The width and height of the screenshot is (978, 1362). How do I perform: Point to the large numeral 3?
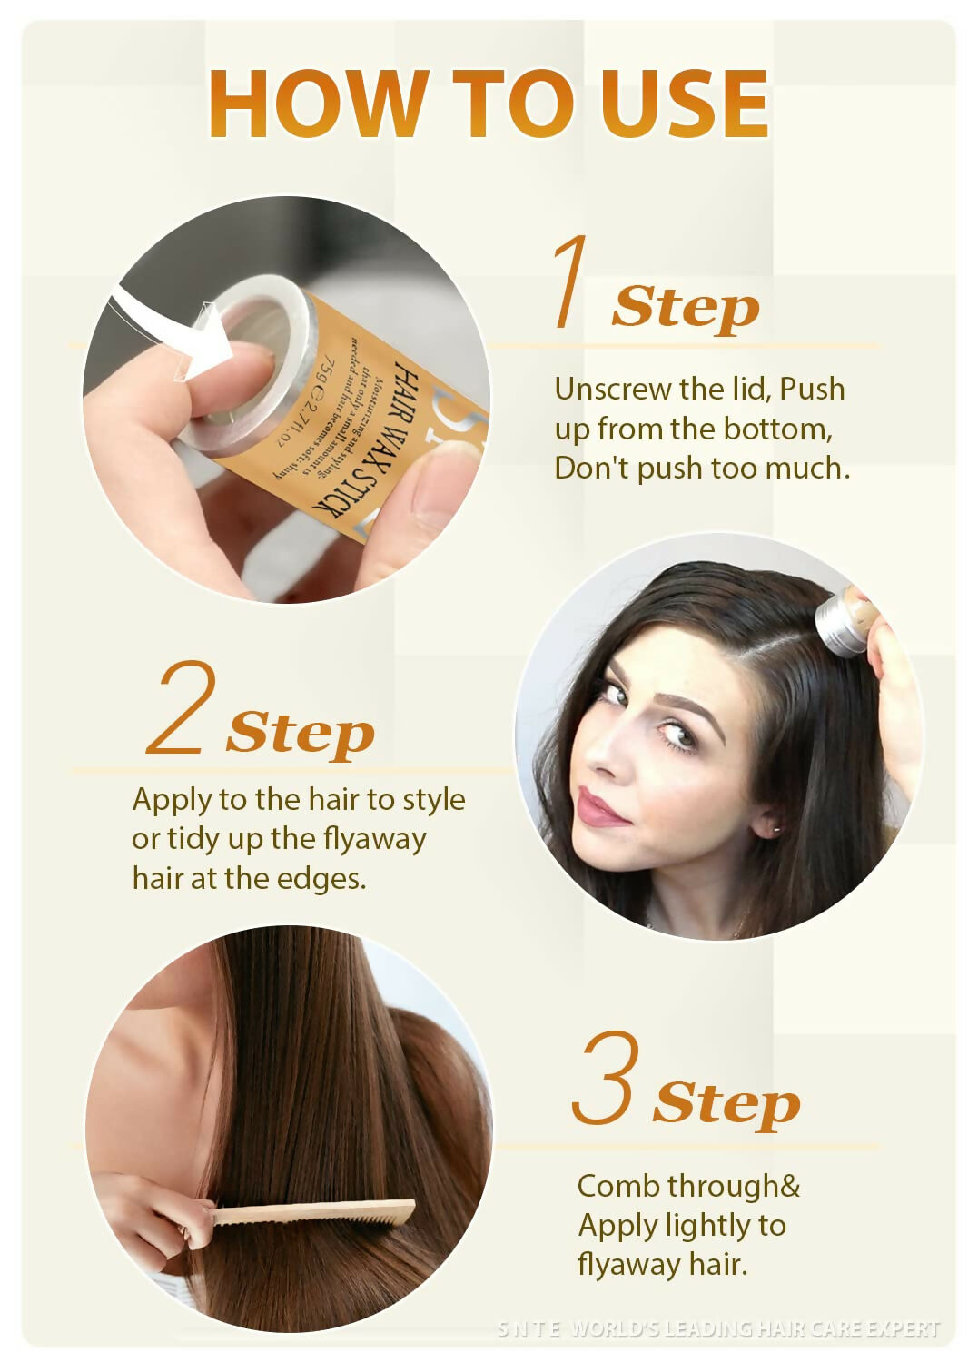tap(606, 1078)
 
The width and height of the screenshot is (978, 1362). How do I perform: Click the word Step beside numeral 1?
tap(686, 308)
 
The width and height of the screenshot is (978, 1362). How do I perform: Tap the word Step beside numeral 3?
tap(726, 1104)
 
